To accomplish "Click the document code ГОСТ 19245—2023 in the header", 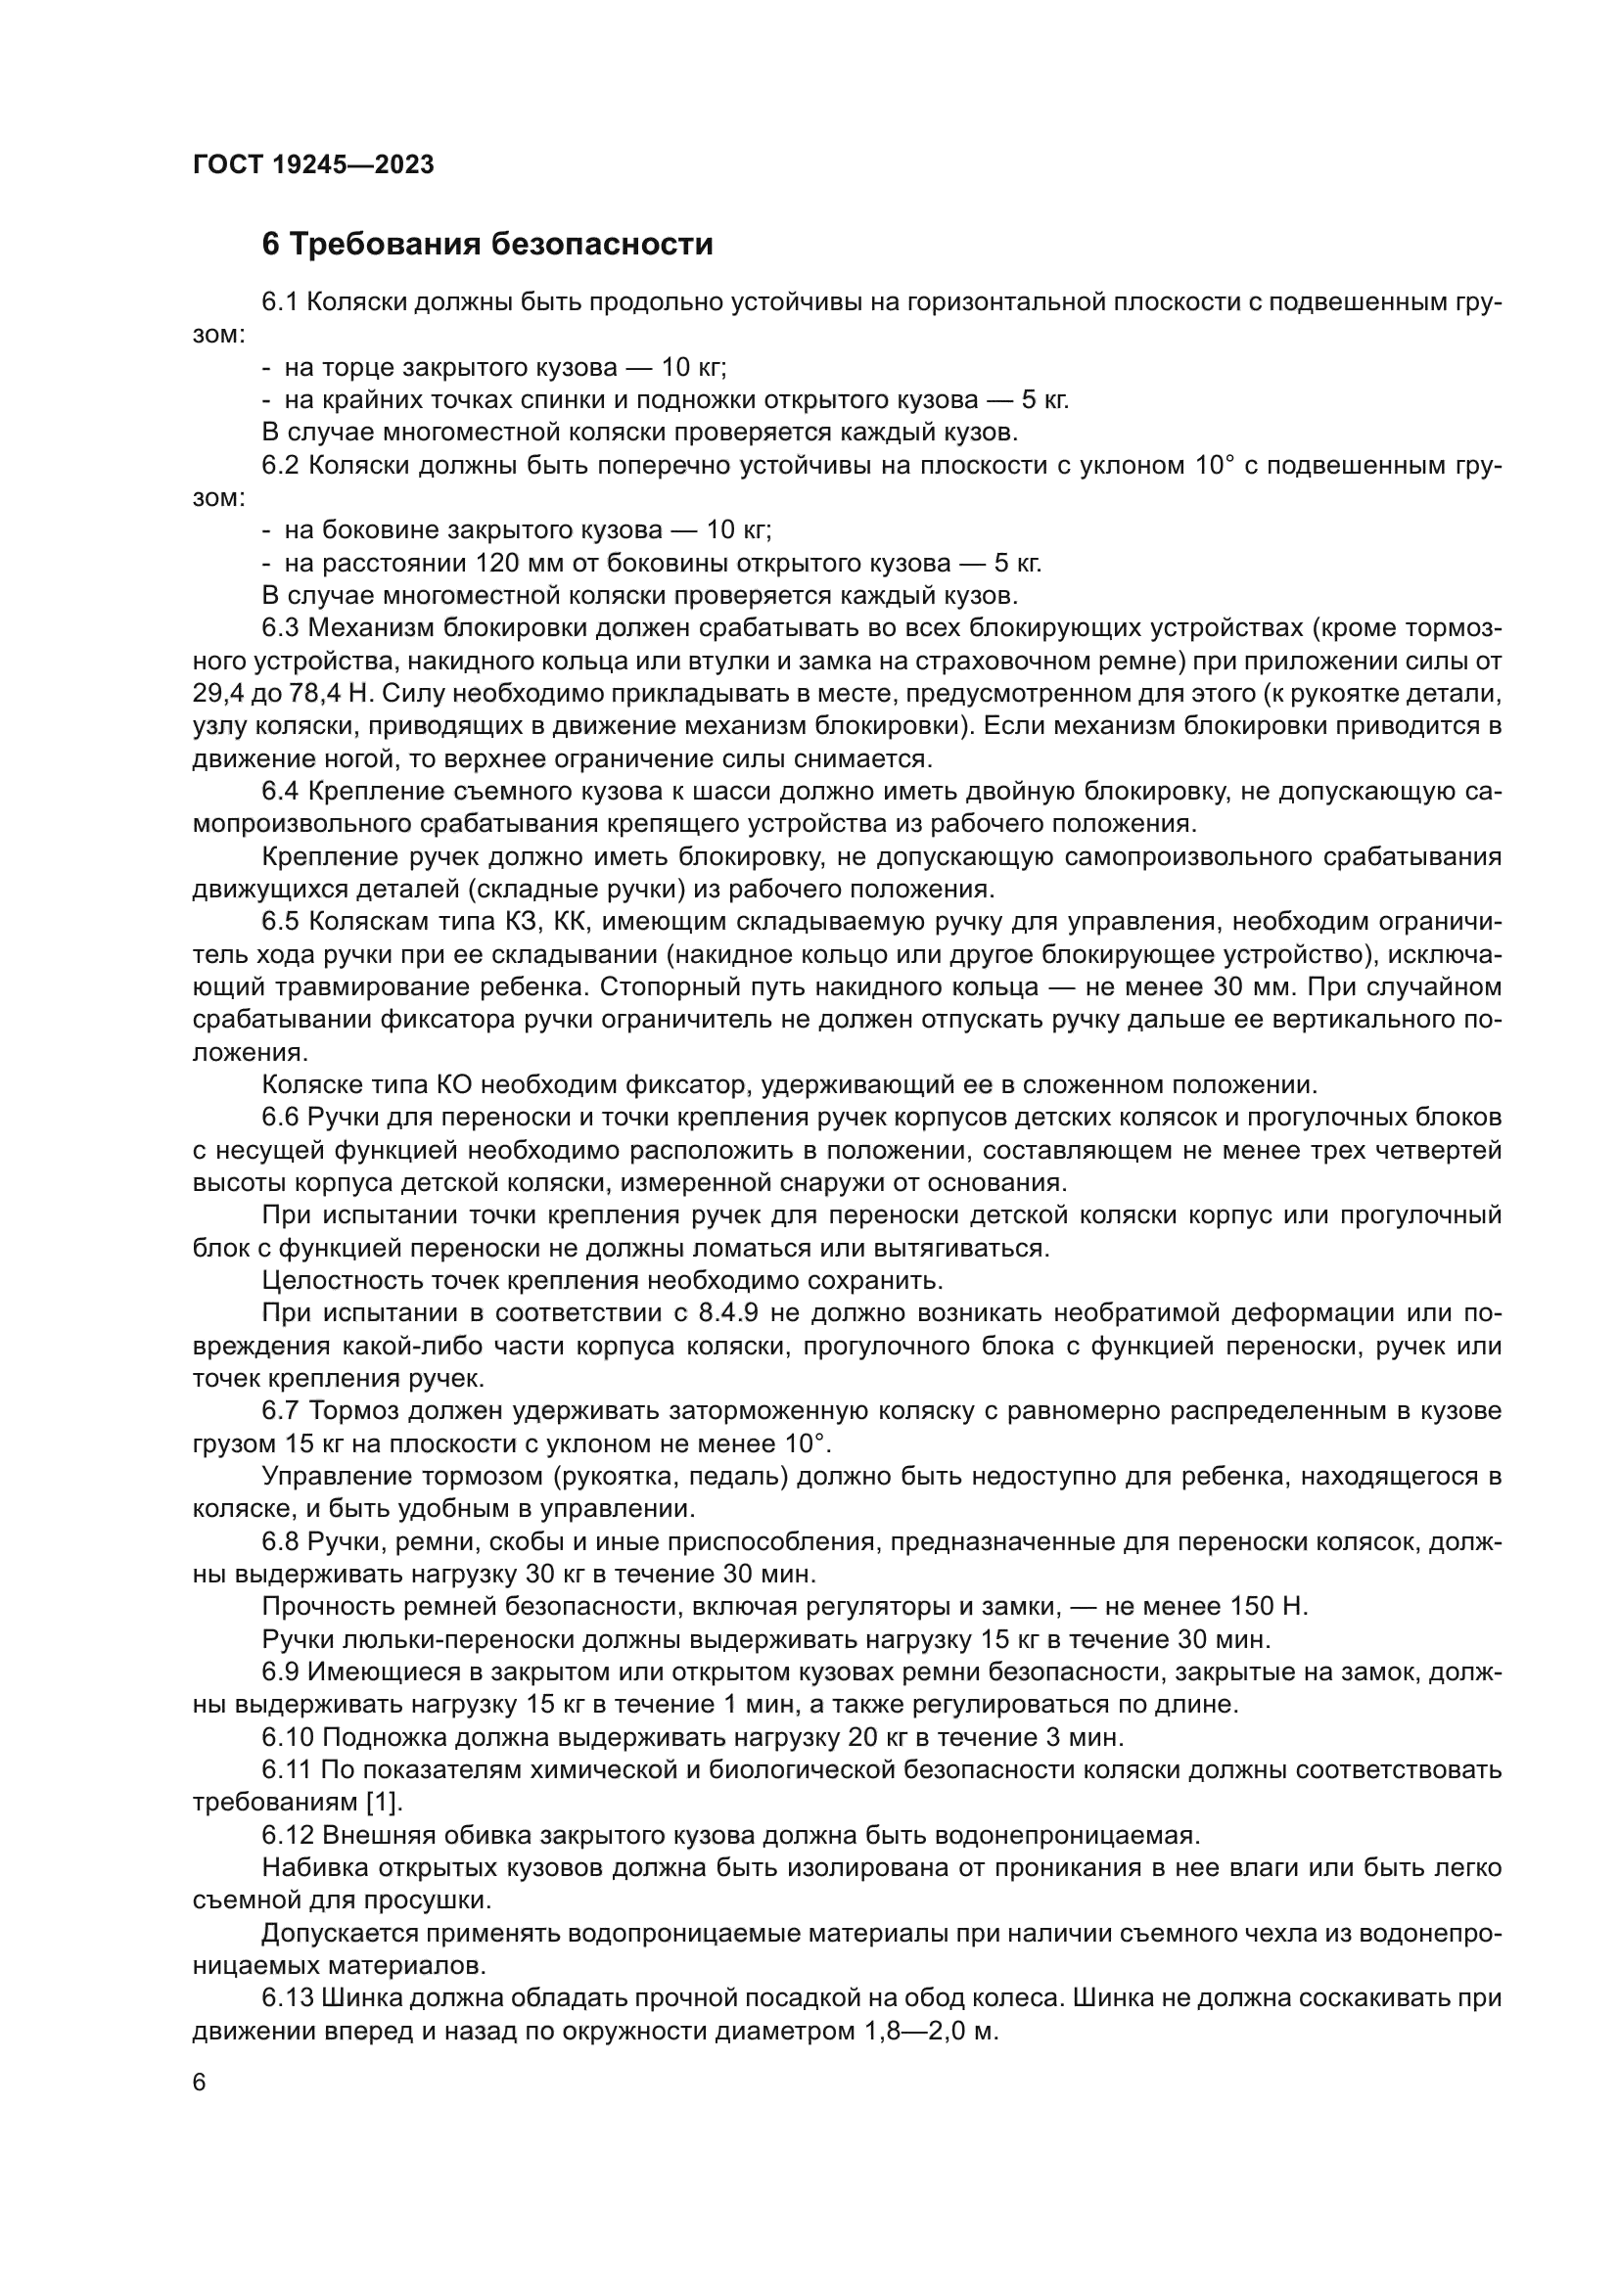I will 313,165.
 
